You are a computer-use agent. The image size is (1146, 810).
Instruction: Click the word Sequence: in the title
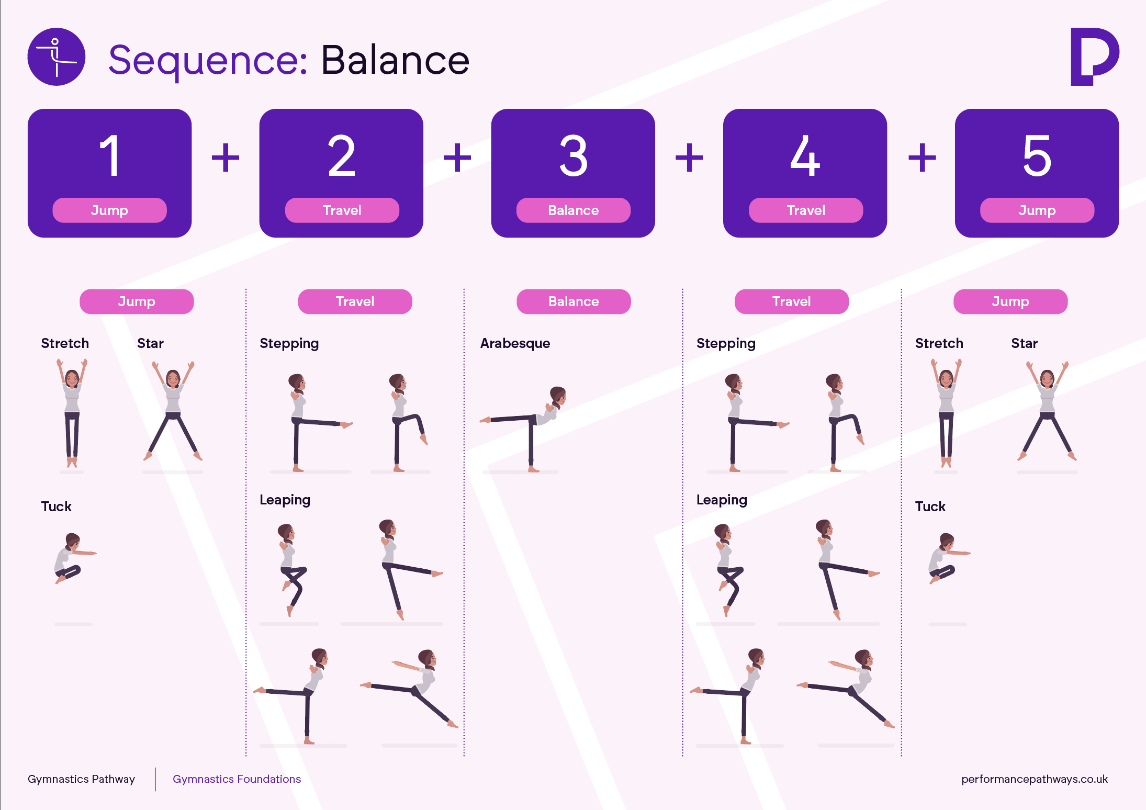208,61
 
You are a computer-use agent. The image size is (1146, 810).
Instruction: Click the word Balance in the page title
395,60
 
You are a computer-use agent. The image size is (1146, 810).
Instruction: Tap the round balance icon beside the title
57,57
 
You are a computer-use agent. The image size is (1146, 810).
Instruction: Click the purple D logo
1095,57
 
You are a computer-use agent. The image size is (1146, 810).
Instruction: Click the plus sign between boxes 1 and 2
226,157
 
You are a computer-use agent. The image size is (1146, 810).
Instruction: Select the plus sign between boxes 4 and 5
922,157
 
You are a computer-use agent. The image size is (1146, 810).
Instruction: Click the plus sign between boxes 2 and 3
457,157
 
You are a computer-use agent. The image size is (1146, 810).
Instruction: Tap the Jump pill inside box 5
1037,210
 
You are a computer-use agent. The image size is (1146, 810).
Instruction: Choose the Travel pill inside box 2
342,210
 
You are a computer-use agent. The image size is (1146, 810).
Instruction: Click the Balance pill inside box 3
574,210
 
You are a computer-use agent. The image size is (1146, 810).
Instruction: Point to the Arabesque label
515,343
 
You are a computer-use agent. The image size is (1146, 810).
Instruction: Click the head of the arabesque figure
558,396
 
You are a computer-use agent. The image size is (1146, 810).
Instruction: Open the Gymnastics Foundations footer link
237,779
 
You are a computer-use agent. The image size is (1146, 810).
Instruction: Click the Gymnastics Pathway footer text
81,779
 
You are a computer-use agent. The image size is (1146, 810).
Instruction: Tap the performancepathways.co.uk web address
1035,779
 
